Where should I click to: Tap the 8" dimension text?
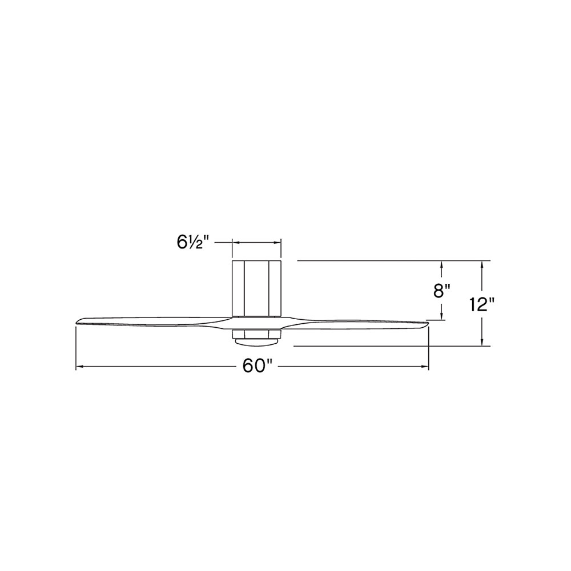click(x=442, y=291)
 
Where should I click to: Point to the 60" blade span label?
click(x=258, y=367)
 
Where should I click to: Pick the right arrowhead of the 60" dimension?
click(x=425, y=367)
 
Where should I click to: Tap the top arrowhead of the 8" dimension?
click(x=442, y=265)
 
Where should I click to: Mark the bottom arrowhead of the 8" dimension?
click(x=442, y=316)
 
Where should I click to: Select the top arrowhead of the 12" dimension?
click(x=482, y=265)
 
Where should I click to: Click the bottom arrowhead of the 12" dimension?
click(x=482, y=341)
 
